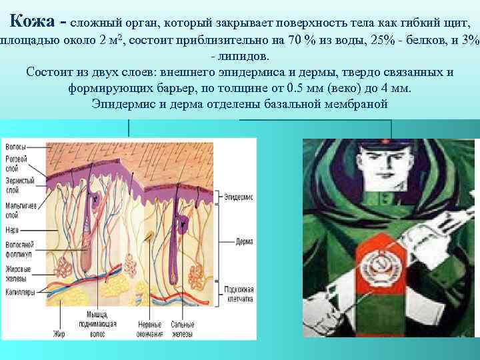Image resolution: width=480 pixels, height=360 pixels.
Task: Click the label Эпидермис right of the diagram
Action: point(237,197)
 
